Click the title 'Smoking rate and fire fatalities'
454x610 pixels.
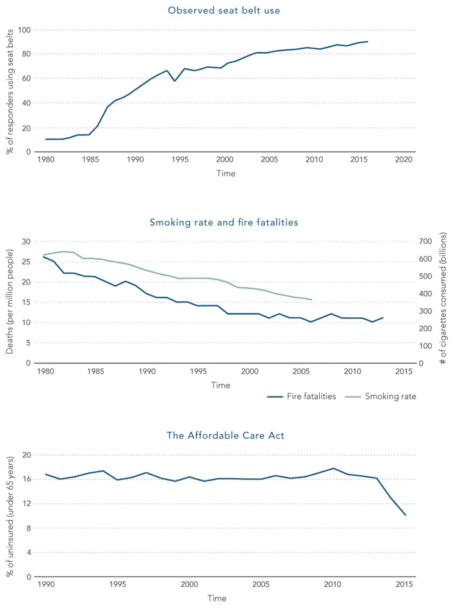click(224, 223)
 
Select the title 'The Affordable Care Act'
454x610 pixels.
click(225, 436)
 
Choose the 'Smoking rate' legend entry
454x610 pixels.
click(390, 396)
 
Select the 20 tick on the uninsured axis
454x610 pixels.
click(26, 455)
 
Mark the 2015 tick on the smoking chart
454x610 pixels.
click(403, 371)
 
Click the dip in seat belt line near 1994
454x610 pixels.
click(175, 81)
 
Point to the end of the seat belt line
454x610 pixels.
click(367, 41)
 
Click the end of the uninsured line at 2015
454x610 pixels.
click(406, 515)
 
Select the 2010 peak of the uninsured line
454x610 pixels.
click(333, 468)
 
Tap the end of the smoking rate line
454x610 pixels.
click(312, 300)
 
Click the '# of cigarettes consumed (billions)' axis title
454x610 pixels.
click(444, 298)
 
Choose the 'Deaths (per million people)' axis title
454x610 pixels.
click(10, 303)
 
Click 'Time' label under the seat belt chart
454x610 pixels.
click(225, 173)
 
